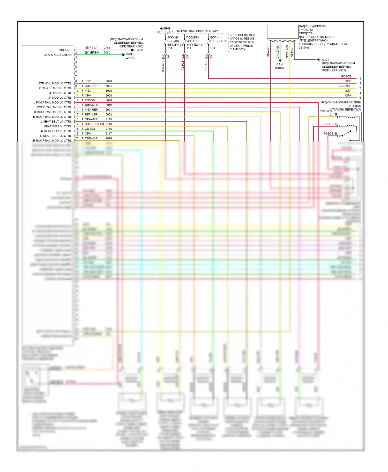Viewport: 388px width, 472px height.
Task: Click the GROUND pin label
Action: (x=65, y=50)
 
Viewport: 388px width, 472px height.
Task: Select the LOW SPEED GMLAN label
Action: (x=57, y=55)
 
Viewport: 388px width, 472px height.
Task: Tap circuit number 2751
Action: (x=107, y=48)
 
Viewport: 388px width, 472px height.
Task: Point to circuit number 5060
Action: (x=107, y=53)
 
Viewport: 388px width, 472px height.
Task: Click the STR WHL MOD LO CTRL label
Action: (x=55, y=83)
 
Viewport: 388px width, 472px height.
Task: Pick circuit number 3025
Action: (x=109, y=91)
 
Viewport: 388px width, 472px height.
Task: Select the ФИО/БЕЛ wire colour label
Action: (x=91, y=105)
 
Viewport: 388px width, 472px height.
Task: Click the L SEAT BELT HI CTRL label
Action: (x=56, y=127)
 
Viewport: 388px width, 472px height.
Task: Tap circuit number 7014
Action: (x=109, y=138)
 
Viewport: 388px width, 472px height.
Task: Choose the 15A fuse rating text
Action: (x=170, y=48)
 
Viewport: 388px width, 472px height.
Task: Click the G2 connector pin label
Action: (x=183, y=57)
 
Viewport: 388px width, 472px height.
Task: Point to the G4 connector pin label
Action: (x=206, y=57)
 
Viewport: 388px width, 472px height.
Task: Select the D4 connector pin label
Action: (x=163, y=57)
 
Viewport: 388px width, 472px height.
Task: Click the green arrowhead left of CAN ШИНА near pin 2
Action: (x=124, y=55)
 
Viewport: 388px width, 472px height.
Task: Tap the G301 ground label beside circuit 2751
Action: (x=140, y=50)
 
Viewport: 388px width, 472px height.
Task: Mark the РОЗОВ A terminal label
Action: (x=330, y=124)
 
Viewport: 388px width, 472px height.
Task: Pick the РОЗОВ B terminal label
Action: (x=330, y=134)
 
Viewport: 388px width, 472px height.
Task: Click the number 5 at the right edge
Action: (x=360, y=98)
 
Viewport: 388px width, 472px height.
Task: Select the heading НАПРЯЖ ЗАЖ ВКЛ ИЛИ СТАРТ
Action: (x=197, y=31)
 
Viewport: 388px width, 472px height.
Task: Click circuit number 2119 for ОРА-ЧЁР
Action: (x=109, y=119)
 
